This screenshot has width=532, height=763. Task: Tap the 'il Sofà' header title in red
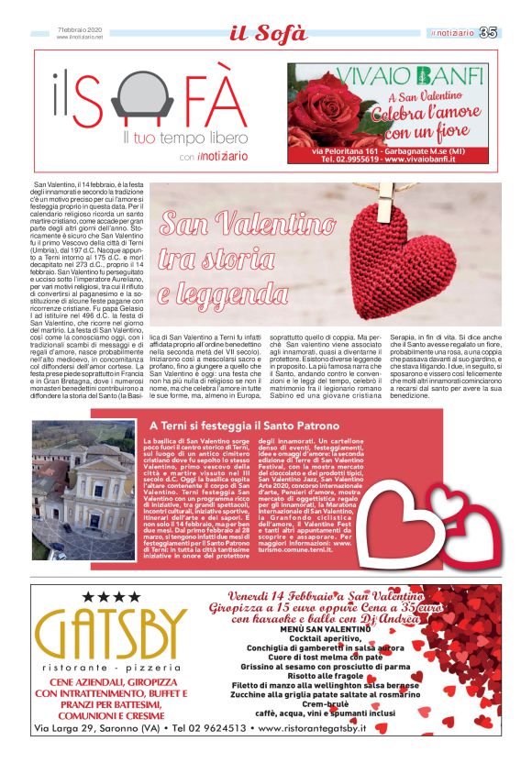[x=267, y=34]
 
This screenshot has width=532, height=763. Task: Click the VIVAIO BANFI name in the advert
[x=396, y=74]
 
